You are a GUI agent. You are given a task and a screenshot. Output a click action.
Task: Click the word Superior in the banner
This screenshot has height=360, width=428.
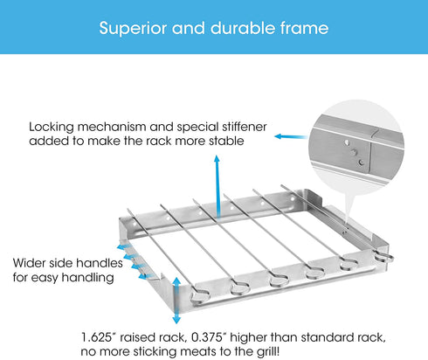point(133,29)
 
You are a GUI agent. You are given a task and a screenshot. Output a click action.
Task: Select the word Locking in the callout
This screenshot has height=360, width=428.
point(52,128)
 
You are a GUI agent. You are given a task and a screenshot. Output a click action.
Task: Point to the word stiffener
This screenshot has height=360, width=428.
point(245,127)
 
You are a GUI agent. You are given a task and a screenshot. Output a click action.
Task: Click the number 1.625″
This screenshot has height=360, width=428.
point(97,337)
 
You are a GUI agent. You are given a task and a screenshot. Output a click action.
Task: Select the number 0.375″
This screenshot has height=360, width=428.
point(209,337)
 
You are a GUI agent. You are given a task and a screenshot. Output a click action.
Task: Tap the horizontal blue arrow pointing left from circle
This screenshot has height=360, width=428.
point(291,136)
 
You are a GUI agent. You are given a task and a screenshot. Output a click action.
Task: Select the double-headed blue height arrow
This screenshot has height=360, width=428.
point(176,301)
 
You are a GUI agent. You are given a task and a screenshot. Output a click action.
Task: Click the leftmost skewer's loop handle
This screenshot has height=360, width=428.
point(200,297)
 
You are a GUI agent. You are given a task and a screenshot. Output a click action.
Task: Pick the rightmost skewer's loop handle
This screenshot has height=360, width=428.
point(384,257)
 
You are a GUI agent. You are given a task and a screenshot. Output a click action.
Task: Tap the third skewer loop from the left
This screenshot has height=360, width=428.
point(279,280)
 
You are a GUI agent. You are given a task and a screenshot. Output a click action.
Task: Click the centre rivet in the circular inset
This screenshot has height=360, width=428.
point(354,152)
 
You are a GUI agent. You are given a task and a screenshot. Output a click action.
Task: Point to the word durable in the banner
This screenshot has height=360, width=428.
point(242,28)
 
